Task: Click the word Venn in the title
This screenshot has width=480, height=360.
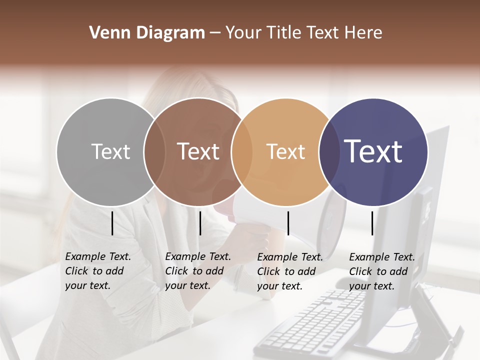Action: coord(106,33)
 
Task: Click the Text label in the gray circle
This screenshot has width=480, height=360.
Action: coord(110,151)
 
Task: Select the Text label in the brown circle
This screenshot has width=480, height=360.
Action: coord(198,151)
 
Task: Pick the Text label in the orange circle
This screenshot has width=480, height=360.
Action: coord(285,151)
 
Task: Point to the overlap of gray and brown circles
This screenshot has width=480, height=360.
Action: coord(154,151)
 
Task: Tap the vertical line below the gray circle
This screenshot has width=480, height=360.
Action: coord(112,223)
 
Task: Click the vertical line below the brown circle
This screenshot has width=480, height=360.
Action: coord(200,223)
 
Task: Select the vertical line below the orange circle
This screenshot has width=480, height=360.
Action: coord(288,223)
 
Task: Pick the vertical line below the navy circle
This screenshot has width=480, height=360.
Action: coord(372,223)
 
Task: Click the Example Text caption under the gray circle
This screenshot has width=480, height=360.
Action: coord(97,271)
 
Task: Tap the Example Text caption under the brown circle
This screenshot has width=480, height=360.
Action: coord(197,271)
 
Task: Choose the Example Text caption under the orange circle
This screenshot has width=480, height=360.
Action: coord(289,271)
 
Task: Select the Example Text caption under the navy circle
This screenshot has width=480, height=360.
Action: coord(381,271)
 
